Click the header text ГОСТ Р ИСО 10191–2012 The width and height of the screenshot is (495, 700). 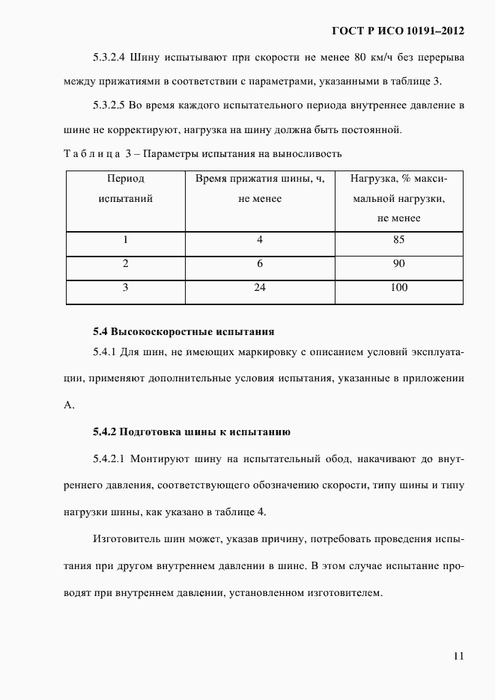click(398, 31)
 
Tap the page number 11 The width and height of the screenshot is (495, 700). click(458, 656)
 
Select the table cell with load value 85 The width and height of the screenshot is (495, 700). click(398, 240)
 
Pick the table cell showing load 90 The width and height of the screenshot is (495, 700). click(398, 263)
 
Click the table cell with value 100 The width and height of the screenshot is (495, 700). click(398, 287)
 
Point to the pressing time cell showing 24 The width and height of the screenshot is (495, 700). click(260, 287)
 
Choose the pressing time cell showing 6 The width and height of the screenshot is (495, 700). click(260, 263)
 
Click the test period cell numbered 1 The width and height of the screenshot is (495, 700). click(126, 240)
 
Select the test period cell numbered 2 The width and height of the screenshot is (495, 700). click(126, 263)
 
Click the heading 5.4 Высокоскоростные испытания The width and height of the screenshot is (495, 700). click(183, 331)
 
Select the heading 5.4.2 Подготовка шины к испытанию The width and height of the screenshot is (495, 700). click(186, 432)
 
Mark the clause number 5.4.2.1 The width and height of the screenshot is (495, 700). click(112, 458)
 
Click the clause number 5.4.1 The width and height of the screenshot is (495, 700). click(107, 351)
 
